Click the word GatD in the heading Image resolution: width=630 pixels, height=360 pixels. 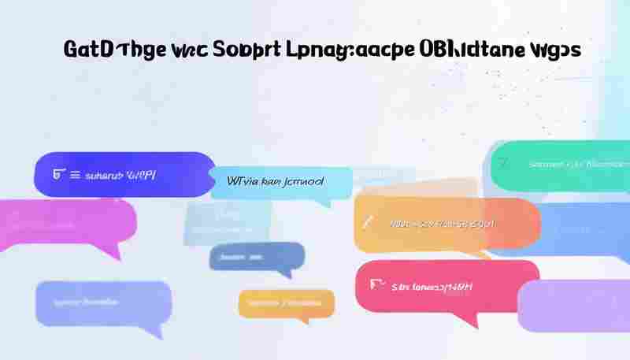(89, 50)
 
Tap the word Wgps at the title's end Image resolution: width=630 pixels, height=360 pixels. (556, 50)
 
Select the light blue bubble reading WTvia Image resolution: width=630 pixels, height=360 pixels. (280, 182)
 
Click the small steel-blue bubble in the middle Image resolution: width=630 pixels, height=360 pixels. (257, 256)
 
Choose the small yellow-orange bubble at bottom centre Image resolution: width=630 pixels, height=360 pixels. (287, 303)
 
